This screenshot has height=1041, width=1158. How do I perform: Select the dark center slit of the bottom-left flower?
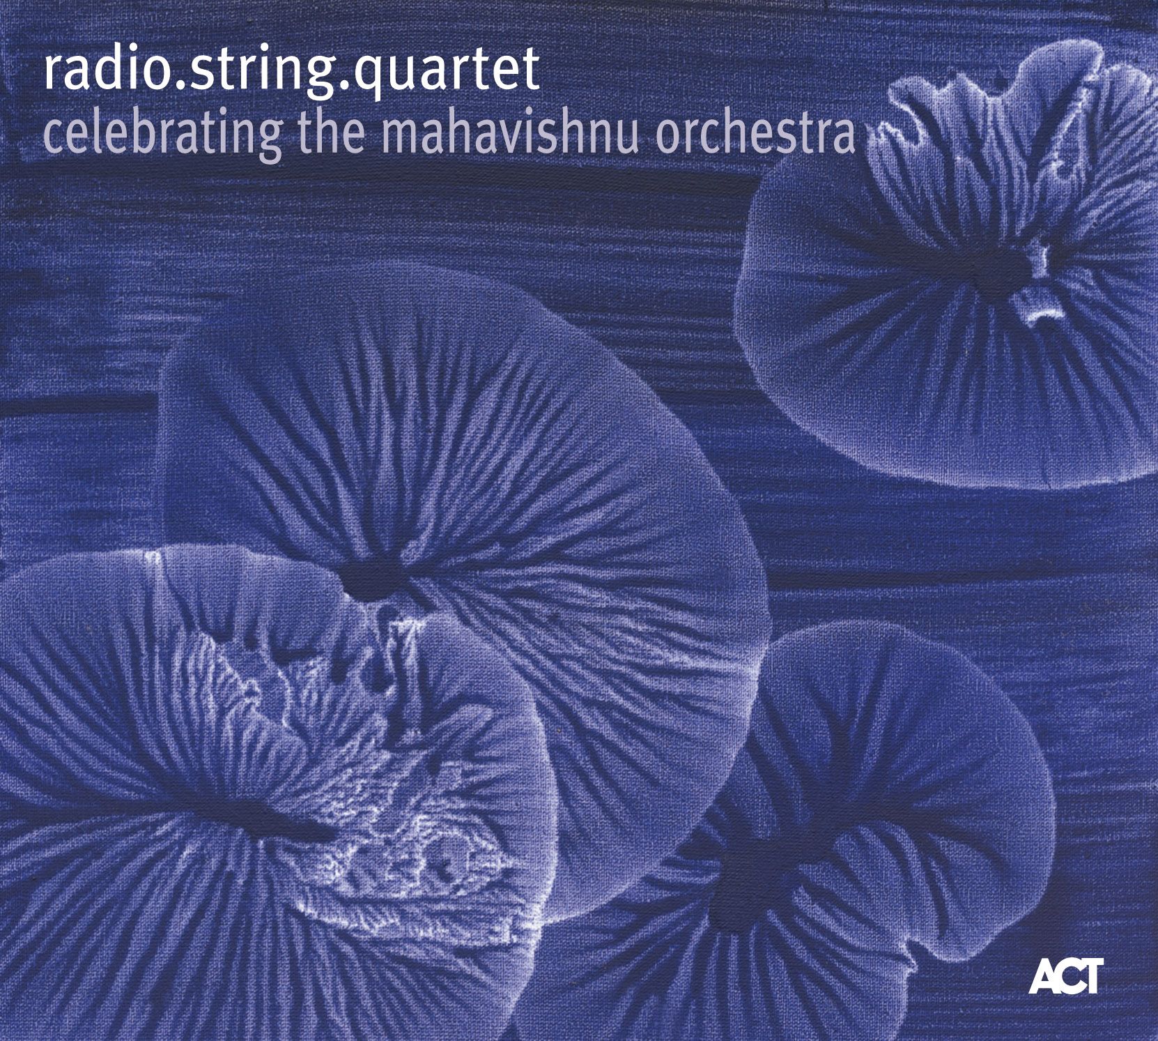(279, 816)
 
